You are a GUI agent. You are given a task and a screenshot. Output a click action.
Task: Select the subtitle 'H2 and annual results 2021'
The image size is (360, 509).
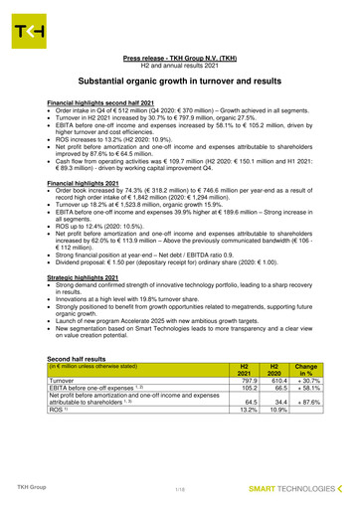179,67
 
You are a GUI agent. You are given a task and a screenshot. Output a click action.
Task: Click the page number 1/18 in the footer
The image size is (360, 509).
180,490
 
